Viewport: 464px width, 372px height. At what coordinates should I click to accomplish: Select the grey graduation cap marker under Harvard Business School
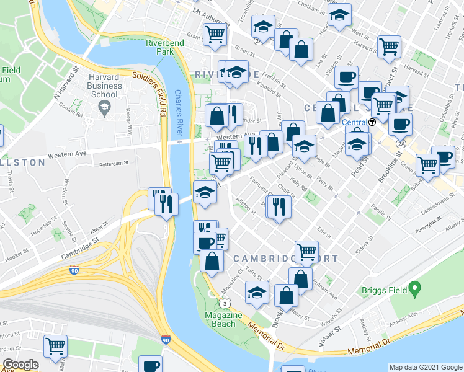[104, 109]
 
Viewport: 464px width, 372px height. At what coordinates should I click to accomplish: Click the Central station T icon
[372, 122]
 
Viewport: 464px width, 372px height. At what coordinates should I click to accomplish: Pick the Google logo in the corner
[20, 365]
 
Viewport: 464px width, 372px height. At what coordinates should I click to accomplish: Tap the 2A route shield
[401, 143]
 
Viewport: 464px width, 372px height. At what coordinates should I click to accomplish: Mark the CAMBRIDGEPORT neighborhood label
[285, 258]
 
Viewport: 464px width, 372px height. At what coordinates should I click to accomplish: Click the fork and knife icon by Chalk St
[279, 206]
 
